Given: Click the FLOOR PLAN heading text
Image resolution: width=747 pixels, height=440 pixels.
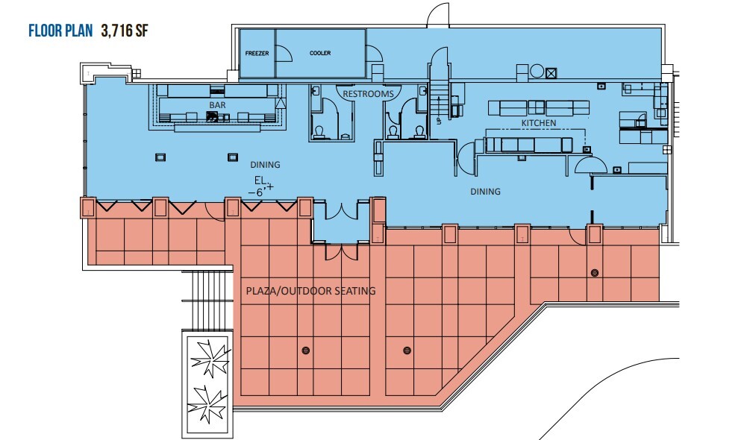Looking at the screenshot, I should (x=60, y=31).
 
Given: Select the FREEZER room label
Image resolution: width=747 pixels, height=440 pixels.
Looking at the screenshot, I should (x=257, y=54).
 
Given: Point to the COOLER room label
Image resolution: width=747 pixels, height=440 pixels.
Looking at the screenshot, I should (x=320, y=54).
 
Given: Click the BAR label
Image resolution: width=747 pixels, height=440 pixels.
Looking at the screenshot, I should (x=217, y=106).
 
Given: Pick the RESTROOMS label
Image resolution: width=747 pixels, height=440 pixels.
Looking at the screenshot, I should (x=368, y=95).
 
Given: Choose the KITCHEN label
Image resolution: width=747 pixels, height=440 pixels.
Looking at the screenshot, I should (x=539, y=122).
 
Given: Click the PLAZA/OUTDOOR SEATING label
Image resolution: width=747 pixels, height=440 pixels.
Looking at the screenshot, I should (x=310, y=291).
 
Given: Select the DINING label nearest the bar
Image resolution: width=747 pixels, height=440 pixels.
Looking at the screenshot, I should (x=244, y=165).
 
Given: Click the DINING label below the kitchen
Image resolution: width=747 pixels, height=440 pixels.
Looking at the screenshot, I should (x=485, y=192).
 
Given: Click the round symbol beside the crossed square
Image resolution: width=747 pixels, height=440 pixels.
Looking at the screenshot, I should (x=536, y=72).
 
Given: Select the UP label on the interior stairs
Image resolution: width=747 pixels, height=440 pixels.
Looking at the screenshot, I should (x=438, y=119).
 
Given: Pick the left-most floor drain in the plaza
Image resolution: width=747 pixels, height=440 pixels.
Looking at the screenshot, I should (x=304, y=350).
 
